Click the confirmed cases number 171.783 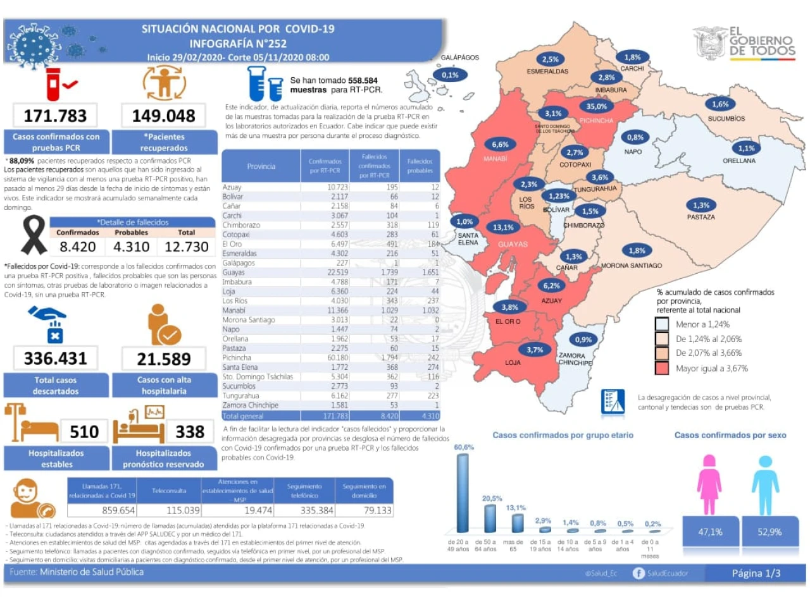tap(55, 116)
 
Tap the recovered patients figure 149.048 tap(163, 116)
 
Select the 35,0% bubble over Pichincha tap(596, 106)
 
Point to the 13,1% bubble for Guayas tap(503, 227)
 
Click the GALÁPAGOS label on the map tap(459, 58)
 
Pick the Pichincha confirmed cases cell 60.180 tap(338, 358)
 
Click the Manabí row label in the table tap(234, 310)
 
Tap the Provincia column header tap(261, 166)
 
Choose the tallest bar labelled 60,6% tap(463, 493)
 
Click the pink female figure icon tap(709, 484)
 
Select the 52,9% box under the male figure tap(769, 532)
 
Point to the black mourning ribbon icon tap(34, 235)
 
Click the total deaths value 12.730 tap(186, 247)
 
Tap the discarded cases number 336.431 tap(55, 359)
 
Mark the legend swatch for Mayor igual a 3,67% tap(662, 368)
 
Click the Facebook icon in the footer tap(639, 573)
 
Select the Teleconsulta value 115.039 tap(183, 510)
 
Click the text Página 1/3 tap(756, 573)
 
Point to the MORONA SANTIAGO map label tap(631, 266)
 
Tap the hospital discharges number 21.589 tap(163, 359)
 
